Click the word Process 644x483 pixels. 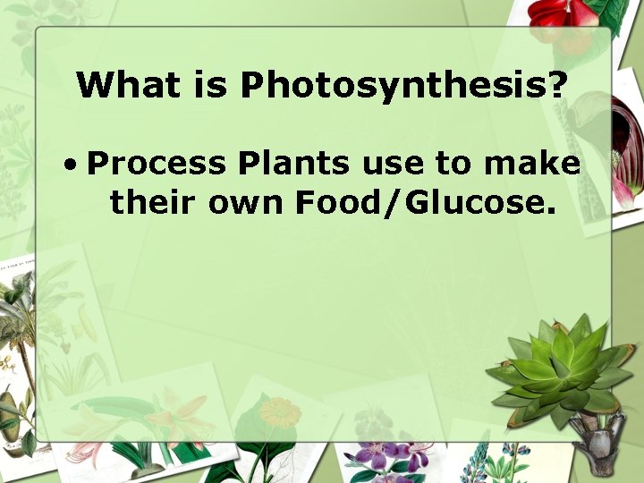[157, 164]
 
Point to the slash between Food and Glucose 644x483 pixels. [394, 203]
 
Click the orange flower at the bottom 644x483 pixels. [280, 413]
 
